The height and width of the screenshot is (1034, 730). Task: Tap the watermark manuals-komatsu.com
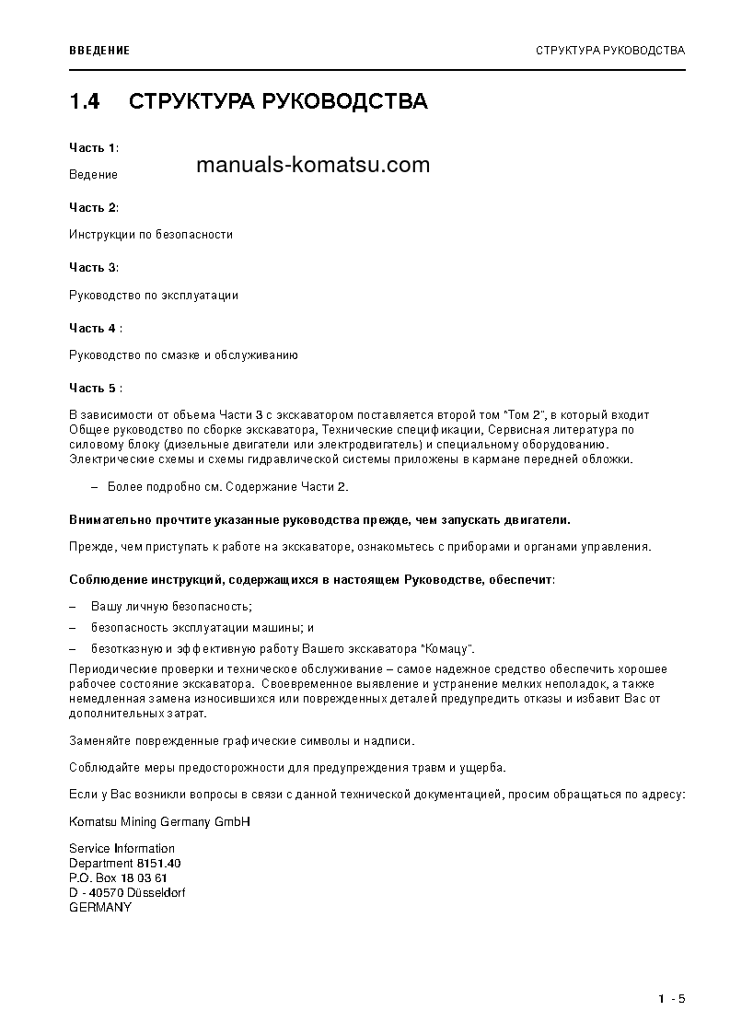click(x=313, y=165)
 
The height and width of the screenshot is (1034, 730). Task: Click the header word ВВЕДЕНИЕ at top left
click(x=99, y=50)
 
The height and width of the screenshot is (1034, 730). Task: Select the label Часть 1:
click(x=93, y=147)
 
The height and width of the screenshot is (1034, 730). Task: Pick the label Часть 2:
click(x=93, y=207)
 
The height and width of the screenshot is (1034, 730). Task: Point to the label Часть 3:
click(x=93, y=267)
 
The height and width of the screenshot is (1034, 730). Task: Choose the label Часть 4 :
click(x=95, y=328)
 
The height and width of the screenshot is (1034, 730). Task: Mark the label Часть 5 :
click(x=95, y=388)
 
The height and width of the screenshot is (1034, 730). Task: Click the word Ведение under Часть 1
click(x=93, y=174)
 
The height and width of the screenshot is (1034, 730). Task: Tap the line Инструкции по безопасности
click(x=151, y=234)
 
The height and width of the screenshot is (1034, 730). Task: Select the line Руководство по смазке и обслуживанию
click(x=183, y=354)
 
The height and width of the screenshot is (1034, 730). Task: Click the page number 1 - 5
click(x=672, y=999)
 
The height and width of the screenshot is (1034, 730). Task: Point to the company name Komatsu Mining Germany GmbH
click(x=159, y=820)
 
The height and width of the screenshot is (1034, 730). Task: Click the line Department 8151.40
click(x=124, y=863)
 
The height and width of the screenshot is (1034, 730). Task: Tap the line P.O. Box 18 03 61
click(x=118, y=877)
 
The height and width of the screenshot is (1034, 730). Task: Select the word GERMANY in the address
click(x=100, y=907)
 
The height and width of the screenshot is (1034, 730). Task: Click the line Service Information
click(x=122, y=848)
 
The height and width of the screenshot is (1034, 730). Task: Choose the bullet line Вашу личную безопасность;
click(x=171, y=607)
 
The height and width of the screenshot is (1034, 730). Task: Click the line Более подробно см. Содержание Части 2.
click(x=227, y=486)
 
